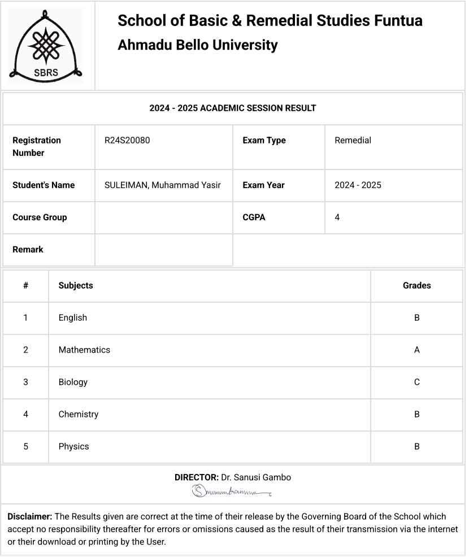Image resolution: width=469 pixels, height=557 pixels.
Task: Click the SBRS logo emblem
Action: pos(45,46)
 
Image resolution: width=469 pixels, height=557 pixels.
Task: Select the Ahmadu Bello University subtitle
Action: pos(197,45)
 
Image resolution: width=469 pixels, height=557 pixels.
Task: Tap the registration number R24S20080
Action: pos(127,140)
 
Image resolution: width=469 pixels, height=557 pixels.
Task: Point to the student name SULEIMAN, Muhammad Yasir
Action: pos(162,185)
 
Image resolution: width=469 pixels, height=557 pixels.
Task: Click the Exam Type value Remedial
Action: pos(353,140)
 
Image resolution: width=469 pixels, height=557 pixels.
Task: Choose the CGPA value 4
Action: pos(337,217)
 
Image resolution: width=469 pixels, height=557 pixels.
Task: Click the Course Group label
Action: pos(40,217)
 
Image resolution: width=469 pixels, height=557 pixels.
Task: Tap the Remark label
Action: pos(28,249)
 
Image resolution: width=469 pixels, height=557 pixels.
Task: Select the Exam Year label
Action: pos(263,185)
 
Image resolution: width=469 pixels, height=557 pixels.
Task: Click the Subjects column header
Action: pos(76,285)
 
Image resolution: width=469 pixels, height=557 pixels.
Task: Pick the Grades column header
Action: pos(416,285)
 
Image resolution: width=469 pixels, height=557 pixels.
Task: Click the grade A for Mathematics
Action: pos(416,350)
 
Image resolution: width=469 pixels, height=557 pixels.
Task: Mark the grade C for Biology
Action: pos(416,382)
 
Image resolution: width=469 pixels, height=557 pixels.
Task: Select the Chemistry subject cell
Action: pos(79,414)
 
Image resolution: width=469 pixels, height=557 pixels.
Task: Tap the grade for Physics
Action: pos(416,446)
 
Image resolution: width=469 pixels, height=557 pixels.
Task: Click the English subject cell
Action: pos(73,317)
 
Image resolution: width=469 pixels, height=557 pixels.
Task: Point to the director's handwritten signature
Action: pos(232,491)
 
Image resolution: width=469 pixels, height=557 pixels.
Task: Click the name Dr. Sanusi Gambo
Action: pos(256,477)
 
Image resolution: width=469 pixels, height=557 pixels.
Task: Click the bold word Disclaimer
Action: pos(30,516)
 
